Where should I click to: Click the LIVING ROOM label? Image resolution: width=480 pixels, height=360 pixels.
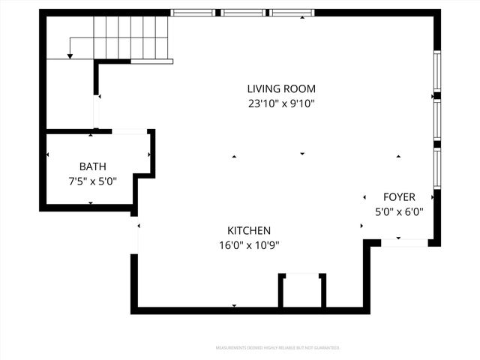pos(282,88)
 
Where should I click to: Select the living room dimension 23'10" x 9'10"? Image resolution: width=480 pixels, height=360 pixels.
pos(282,103)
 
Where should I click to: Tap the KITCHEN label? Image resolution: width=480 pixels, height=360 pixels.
pos(249,230)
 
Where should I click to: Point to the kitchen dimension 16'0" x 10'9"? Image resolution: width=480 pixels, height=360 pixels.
pos(249,244)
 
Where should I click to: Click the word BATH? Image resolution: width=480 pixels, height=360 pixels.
pos(93,166)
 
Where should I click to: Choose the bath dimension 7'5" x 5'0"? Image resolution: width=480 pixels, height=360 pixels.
pos(93,181)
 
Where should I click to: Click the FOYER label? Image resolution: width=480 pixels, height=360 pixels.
pos(399,197)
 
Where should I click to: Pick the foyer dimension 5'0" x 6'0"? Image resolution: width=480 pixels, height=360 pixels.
pos(399,211)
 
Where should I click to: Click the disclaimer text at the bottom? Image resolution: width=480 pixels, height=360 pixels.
pos(277,348)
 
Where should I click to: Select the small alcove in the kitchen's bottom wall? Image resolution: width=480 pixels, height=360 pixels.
pos(302,291)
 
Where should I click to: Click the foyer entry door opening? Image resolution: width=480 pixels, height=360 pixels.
pos(404,242)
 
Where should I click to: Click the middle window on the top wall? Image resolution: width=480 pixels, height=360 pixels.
pos(243,13)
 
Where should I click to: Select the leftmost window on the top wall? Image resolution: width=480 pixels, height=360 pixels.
pos(193,13)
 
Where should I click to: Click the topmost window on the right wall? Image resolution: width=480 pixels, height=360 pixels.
pos(436,72)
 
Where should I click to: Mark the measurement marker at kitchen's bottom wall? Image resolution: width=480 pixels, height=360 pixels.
pos(234,306)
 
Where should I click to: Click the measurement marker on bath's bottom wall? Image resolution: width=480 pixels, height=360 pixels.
pos(91,203)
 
